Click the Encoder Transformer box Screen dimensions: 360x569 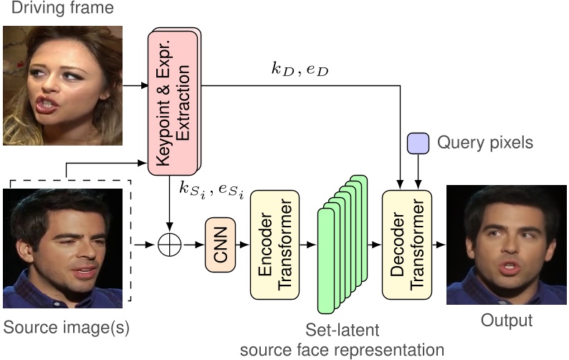click(273, 245)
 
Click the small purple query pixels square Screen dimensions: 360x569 click(417, 143)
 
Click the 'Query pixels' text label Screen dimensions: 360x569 click(485, 143)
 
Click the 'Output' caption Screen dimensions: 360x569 click(507, 320)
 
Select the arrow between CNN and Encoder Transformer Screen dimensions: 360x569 click(242, 245)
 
